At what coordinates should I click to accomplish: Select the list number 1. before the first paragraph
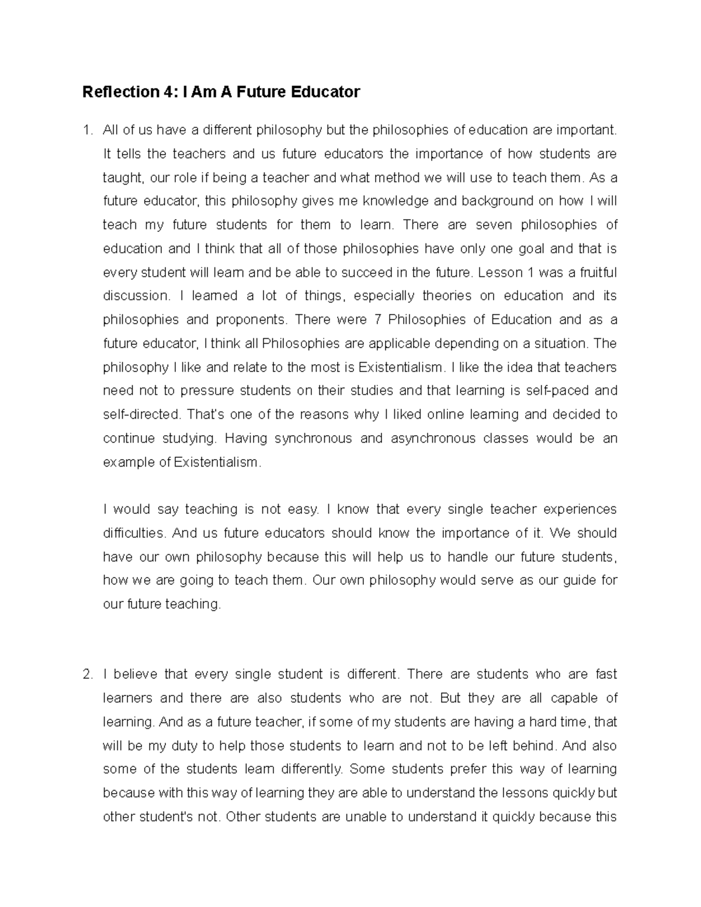click(x=88, y=130)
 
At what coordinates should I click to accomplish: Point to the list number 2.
click(x=88, y=675)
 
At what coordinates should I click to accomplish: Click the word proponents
click(x=251, y=320)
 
